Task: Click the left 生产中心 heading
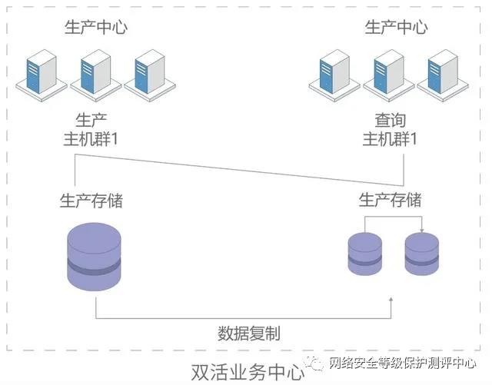(x=95, y=28)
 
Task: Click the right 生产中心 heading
(x=396, y=28)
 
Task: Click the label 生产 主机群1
(x=91, y=130)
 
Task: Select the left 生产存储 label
(x=91, y=201)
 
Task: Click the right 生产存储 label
(x=390, y=201)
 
